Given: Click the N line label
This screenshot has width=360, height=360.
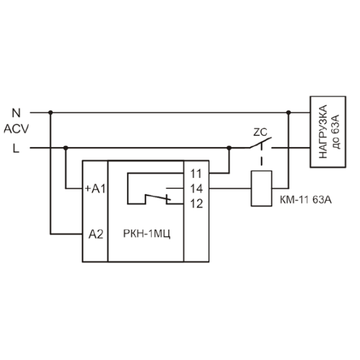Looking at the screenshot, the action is click(16, 113).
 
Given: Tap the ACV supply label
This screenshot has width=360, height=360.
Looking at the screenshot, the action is click(16, 129).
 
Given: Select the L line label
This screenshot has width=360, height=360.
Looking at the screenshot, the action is click(16, 148).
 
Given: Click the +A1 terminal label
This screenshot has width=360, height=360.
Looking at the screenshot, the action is click(95, 189).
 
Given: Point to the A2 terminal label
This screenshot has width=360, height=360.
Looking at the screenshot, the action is click(96, 234).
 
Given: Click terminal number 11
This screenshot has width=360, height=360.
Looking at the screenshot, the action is click(196, 174).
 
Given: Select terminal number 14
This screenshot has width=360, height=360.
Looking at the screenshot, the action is click(196, 189).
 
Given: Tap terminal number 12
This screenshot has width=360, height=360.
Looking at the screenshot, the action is click(196, 203).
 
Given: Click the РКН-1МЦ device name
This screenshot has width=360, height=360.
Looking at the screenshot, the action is click(147, 234).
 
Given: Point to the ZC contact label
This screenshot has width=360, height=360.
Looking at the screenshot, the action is click(260, 132).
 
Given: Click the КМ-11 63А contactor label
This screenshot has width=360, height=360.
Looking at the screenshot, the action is click(306, 200).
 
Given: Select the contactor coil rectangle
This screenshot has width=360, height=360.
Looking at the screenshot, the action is click(261, 188).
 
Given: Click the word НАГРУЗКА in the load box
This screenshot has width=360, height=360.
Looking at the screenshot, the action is click(323, 131).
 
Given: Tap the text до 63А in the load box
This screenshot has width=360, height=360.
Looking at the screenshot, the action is click(335, 131).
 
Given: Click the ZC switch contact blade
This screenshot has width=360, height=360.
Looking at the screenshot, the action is click(261, 143).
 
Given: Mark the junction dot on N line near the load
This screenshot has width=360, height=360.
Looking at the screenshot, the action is click(289, 112).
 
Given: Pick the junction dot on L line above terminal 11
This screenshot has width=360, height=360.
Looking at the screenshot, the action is click(229, 148).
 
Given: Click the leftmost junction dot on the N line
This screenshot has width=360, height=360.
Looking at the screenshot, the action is click(51, 112).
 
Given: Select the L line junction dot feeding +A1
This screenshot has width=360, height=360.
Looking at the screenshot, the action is click(66, 148).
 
